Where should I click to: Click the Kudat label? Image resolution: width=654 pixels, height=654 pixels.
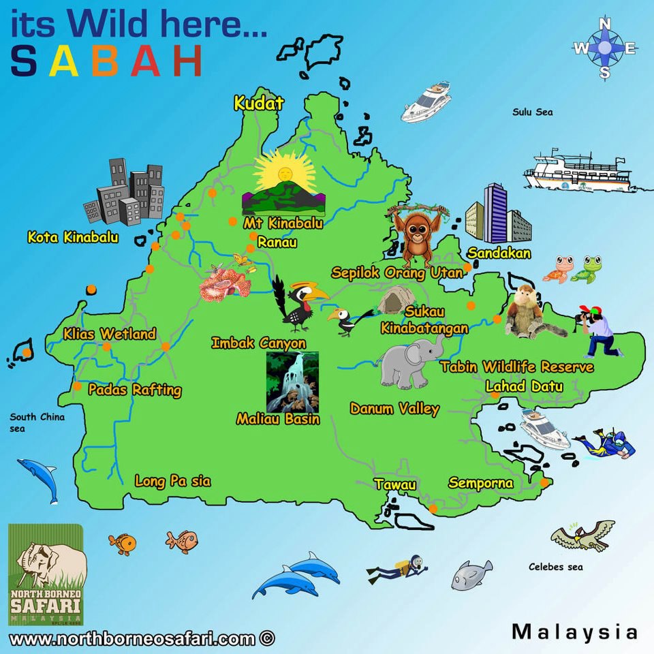pos(258,104)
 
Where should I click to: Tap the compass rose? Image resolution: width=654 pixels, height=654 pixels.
pos(605,48)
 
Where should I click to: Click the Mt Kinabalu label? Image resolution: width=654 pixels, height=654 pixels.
pos(283,223)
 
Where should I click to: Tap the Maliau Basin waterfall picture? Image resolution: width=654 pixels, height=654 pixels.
pos(292,381)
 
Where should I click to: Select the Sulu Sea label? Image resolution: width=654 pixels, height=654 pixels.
pos(532,112)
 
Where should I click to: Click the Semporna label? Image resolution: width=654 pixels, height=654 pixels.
pos(480,483)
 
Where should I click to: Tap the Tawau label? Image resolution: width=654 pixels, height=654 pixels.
pos(394,484)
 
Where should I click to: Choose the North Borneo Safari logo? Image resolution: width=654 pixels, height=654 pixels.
pos(46,574)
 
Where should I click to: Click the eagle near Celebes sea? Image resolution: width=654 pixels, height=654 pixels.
pos(582,535)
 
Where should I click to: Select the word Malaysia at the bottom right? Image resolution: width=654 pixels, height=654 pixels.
pos(574,632)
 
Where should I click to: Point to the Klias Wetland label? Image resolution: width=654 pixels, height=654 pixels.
pos(109,334)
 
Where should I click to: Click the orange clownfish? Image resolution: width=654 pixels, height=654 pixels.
pos(123,543)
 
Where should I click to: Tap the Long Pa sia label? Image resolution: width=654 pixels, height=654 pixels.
pos(172,482)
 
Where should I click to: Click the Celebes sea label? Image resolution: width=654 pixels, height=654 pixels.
pos(556,566)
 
